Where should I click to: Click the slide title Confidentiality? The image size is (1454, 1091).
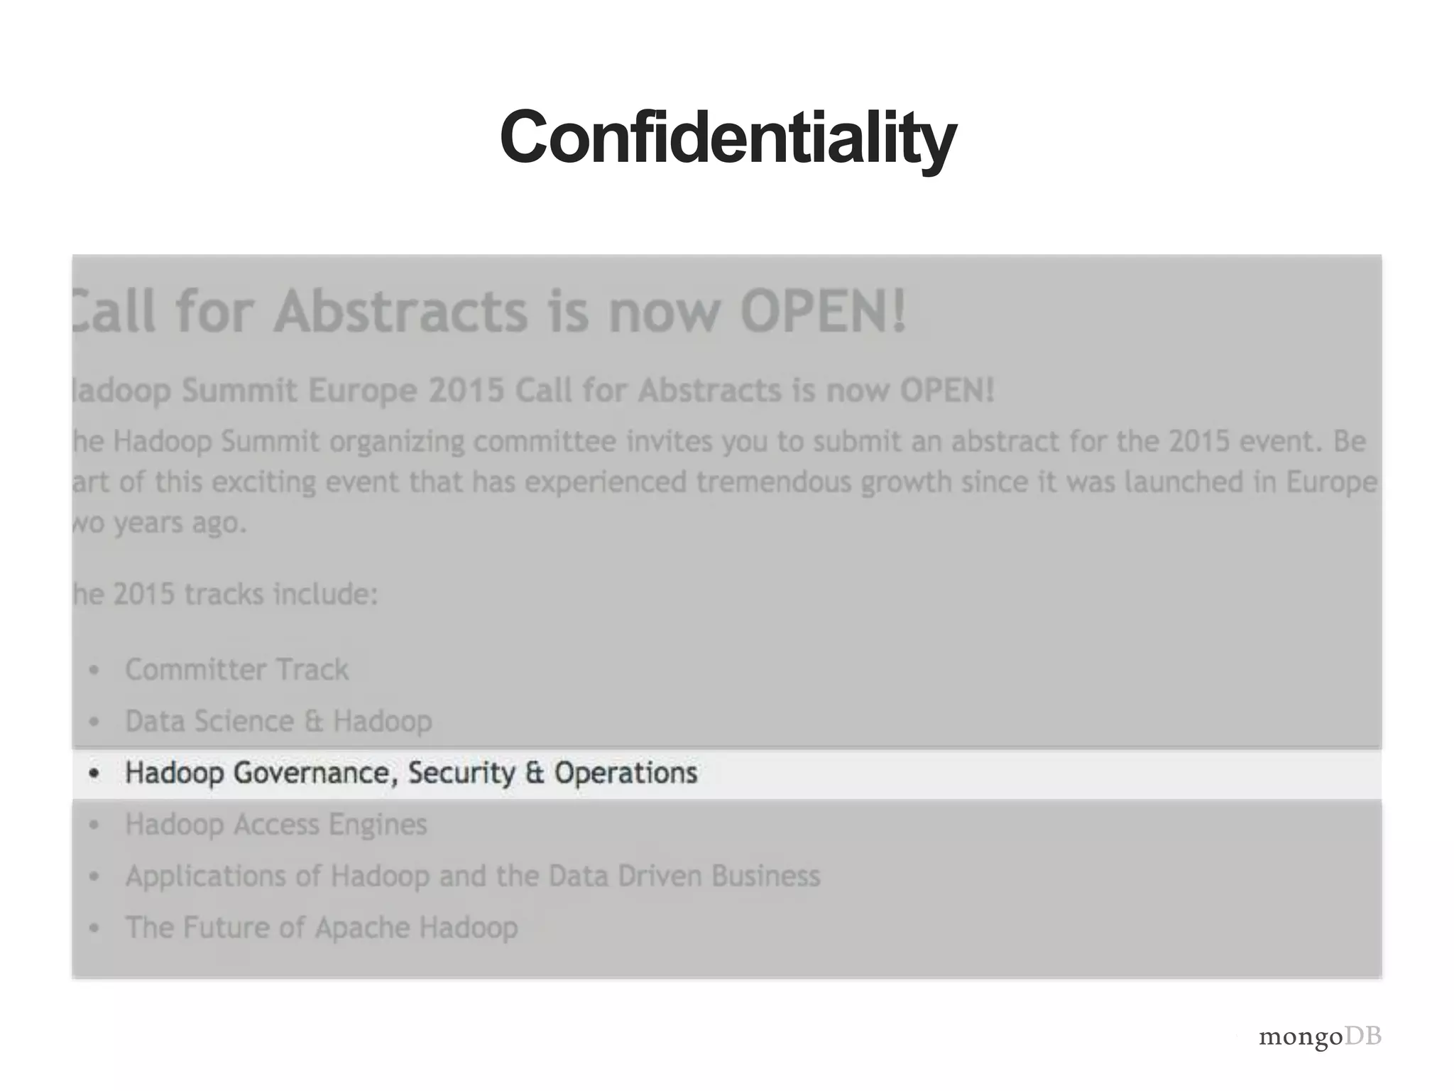tap(728, 137)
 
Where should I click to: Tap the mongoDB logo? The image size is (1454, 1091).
tap(1320, 1036)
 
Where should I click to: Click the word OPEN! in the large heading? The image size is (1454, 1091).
tap(823, 311)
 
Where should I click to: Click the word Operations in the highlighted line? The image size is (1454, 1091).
tap(625, 773)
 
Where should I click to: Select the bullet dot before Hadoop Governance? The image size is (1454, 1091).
tap(94, 774)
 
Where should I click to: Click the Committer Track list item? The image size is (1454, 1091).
tap(236, 670)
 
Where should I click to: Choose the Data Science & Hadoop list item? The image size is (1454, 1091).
tap(278, 722)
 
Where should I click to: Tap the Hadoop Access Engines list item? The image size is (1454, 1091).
tap(276, 825)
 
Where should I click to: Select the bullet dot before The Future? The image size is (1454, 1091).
tap(94, 928)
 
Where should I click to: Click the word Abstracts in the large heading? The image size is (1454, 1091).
tap(401, 311)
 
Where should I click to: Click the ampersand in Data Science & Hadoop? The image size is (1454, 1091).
tap(313, 722)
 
